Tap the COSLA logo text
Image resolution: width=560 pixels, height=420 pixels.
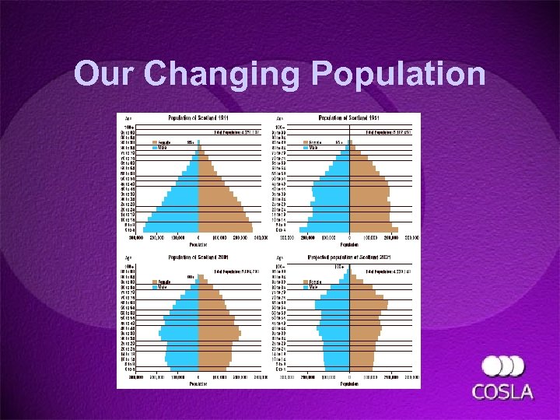[503, 390]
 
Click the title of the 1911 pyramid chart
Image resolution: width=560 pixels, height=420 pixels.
[198, 119]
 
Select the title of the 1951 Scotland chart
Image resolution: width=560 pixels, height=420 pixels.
[349, 119]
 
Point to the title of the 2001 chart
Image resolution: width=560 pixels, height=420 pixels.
[198, 257]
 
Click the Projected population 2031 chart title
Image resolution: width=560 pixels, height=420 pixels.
[349, 257]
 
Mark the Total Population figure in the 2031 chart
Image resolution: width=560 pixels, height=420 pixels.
[393, 271]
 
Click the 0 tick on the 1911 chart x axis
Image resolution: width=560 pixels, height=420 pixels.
[198, 237]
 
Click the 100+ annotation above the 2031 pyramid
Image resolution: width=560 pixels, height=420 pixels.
[339, 266]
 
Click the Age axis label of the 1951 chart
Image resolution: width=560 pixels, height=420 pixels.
[280, 119]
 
